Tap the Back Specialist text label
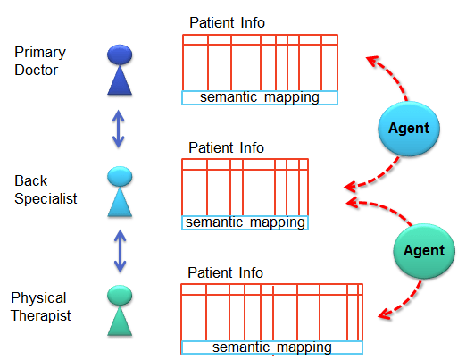(46, 189)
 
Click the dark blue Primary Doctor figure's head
(120, 55)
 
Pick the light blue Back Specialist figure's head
(120, 175)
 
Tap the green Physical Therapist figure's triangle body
(120, 320)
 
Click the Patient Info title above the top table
(227, 22)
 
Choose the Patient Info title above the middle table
(226, 147)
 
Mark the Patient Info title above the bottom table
(226, 272)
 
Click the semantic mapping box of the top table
(260, 97)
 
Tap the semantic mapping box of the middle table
(245, 222)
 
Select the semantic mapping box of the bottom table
(271, 347)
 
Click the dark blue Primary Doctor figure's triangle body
(120, 82)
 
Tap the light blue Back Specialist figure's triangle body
(120, 203)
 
